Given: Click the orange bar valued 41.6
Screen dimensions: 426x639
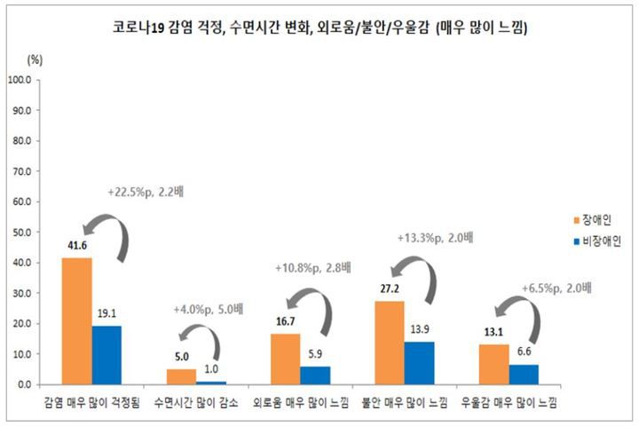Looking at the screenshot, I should tap(76, 320).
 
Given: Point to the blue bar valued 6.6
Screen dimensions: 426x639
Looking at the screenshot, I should tap(523, 374).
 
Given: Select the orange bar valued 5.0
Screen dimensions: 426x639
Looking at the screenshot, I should tap(180, 376).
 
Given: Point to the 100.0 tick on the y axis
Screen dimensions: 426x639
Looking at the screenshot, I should tap(20, 80).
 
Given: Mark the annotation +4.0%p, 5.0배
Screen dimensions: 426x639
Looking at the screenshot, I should tap(206, 310).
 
